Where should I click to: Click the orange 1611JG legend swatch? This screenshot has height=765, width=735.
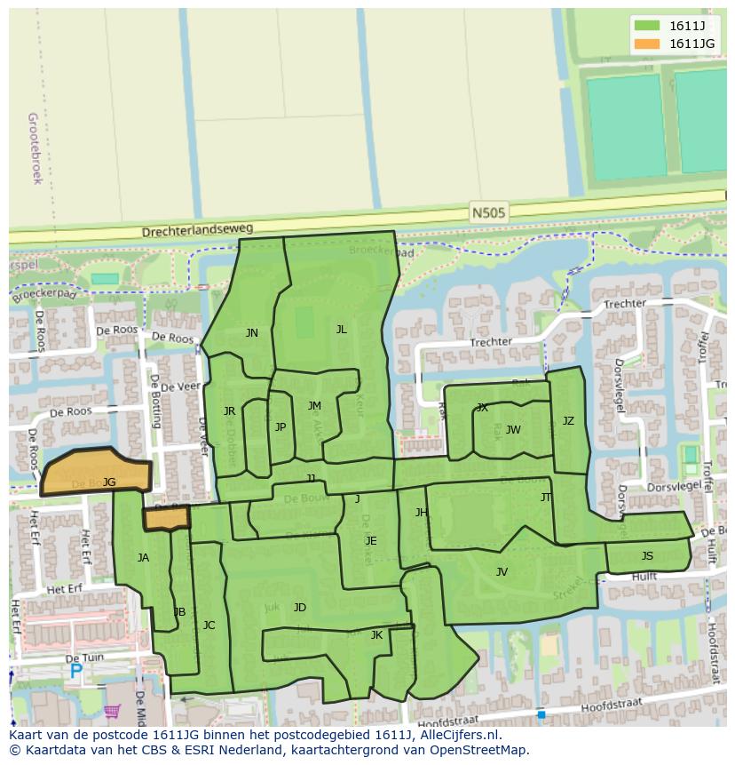coord(647,44)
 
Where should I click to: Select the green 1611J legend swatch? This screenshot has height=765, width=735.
coord(647,26)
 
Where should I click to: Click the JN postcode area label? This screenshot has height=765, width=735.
coord(252,333)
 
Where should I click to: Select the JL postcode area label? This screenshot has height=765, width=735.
coord(341,329)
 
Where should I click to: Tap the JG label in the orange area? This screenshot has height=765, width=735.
coord(109,482)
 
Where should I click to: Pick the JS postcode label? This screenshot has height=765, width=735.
coord(647,556)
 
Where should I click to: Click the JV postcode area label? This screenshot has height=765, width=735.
coord(502,572)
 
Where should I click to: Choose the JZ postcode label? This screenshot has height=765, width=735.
coord(568,421)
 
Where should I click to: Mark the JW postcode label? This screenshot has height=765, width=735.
coord(513,430)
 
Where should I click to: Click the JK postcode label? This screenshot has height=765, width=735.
coord(376,635)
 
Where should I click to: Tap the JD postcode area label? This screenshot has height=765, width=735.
coord(300,608)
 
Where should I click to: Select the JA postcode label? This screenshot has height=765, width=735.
coord(143,558)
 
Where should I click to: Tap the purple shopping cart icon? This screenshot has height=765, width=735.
coord(112,711)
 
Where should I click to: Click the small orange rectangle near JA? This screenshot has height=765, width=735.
coord(167,518)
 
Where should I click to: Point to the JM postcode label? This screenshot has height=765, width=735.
coord(314,406)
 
